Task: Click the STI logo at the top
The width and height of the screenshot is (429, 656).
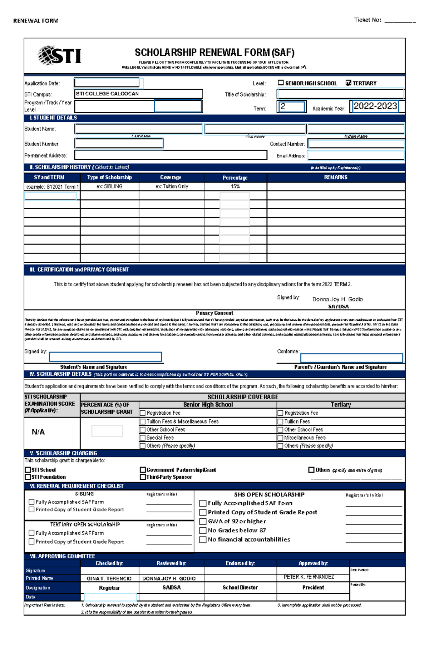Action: (60, 55)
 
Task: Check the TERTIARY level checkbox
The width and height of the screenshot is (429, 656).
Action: (349, 83)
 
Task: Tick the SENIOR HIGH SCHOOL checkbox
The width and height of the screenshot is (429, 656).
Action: (281, 83)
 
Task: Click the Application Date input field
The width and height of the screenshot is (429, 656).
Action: (107, 83)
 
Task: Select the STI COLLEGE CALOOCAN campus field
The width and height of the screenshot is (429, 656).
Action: (138, 94)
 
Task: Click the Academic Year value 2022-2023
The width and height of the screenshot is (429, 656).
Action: (375, 106)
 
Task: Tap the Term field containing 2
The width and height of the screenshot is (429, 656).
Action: (291, 107)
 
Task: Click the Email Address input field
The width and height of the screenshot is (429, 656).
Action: (356, 156)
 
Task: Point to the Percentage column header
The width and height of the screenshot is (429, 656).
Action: (235, 178)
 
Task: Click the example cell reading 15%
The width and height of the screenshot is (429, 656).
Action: (235, 186)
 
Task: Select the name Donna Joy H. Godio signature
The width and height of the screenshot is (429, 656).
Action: (337, 299)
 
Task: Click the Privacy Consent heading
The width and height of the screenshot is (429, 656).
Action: (214, 313)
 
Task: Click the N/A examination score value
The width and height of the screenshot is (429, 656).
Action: (38, 432)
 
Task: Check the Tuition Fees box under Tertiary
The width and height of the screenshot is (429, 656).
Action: (281, 422)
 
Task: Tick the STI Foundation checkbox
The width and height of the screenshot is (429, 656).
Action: (28, 477)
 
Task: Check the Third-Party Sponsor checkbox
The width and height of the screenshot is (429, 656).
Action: (143, 477)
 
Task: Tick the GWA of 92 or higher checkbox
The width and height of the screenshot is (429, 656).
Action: (203, 522)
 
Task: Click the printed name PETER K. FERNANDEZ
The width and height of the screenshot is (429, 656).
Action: (309, 577)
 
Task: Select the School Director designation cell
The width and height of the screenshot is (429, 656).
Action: (240, 587)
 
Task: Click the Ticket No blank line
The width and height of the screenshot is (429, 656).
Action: (400, 21)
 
